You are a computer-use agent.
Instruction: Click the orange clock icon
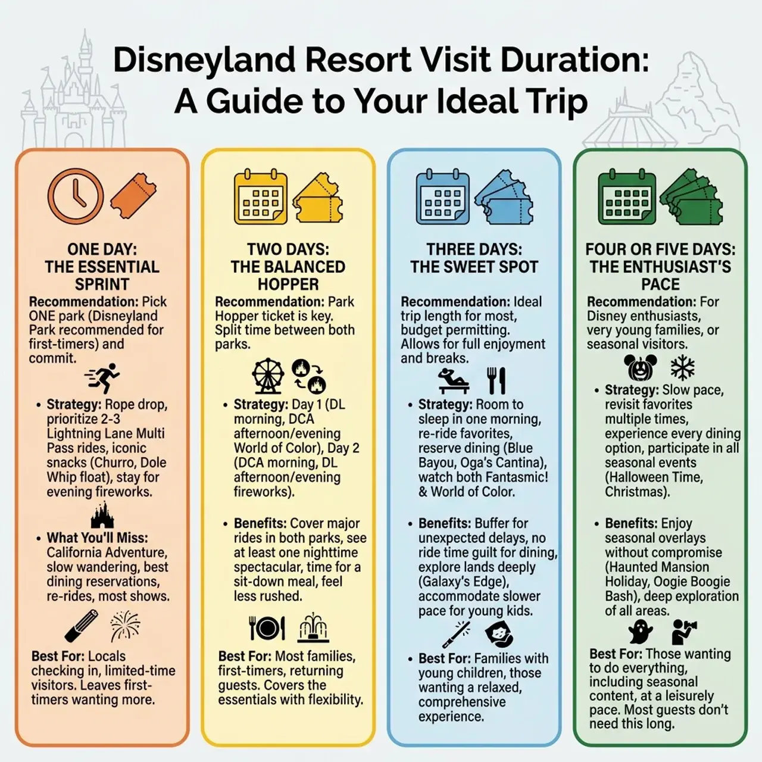pyautogui.click(x=76, y=196)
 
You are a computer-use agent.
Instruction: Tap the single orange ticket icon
pyautogui.click(x=133, y=196)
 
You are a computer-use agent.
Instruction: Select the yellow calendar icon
pyautogui.click(x=260, y=198)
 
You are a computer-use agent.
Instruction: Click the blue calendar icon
pyautogui.click(x=442, y=198)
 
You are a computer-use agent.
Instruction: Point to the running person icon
pyautogui.click(x=103, y=378)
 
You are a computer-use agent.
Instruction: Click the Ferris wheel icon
pyautogui.click(x=268, y=376)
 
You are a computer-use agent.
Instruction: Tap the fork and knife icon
pyautogui.click(x=496, y=380)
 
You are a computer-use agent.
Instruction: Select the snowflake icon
pyautogui.click(x=682, y=368)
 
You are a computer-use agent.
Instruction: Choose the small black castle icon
pyautogui.click(x=102, y=516)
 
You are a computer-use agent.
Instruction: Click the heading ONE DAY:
pyautogui.click(x=102, y=249)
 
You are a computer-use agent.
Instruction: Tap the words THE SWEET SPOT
pyautogui.click(x=474, y=267)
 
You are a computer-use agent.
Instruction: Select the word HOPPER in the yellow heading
pyautogui.click(x=288, y=284)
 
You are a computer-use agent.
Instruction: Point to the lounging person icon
pyautogui.click(x=454, y=380)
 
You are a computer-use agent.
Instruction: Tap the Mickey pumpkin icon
pyautogui.click(x=638, y=368)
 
